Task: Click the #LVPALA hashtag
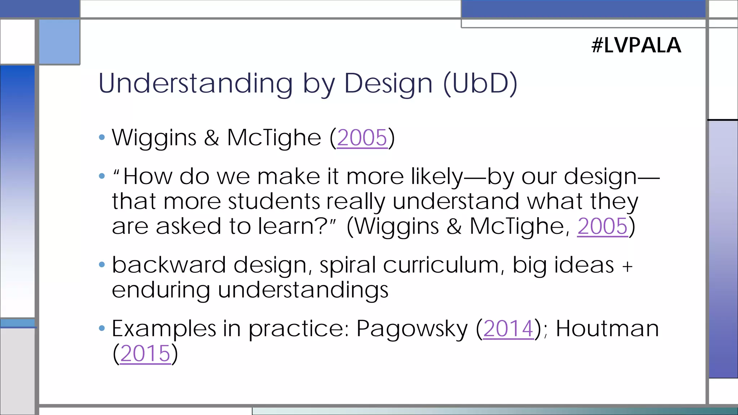[636, 45]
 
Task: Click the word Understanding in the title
[195, 84]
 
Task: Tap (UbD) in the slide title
[480, 84]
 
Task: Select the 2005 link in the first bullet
[362, 138]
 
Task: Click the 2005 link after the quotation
[602, 226]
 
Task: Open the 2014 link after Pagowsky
[508, 329]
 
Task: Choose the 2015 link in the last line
[145, 353]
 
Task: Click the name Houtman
[607, 329]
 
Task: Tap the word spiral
[348, 266]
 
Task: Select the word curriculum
[441, 265]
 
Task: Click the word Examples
[164, 329]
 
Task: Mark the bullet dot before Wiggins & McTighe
[102, 137]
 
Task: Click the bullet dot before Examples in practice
[102, 328]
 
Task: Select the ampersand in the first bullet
[212, 138]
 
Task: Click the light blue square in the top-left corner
[59, 42]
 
